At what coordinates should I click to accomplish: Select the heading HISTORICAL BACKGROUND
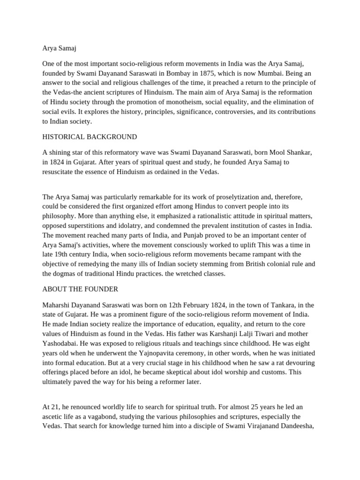pyautogui.click(x=90, y=137)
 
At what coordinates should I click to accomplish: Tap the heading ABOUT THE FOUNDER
pyautogui.click(x=80, y=289)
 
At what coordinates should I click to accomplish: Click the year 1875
pyautogui.click(x=196, y=73)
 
